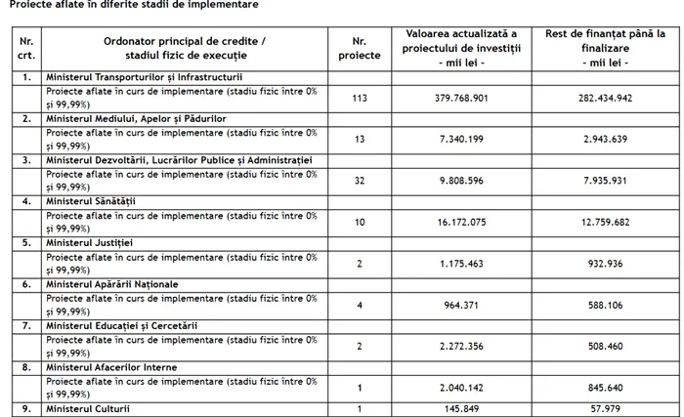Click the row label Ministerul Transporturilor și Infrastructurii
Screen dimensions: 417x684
click(145, 76)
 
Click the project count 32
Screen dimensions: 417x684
click(361, 181)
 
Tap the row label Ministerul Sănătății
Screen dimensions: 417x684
click(95, 200)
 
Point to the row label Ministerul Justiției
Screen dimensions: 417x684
click(91, 242)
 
